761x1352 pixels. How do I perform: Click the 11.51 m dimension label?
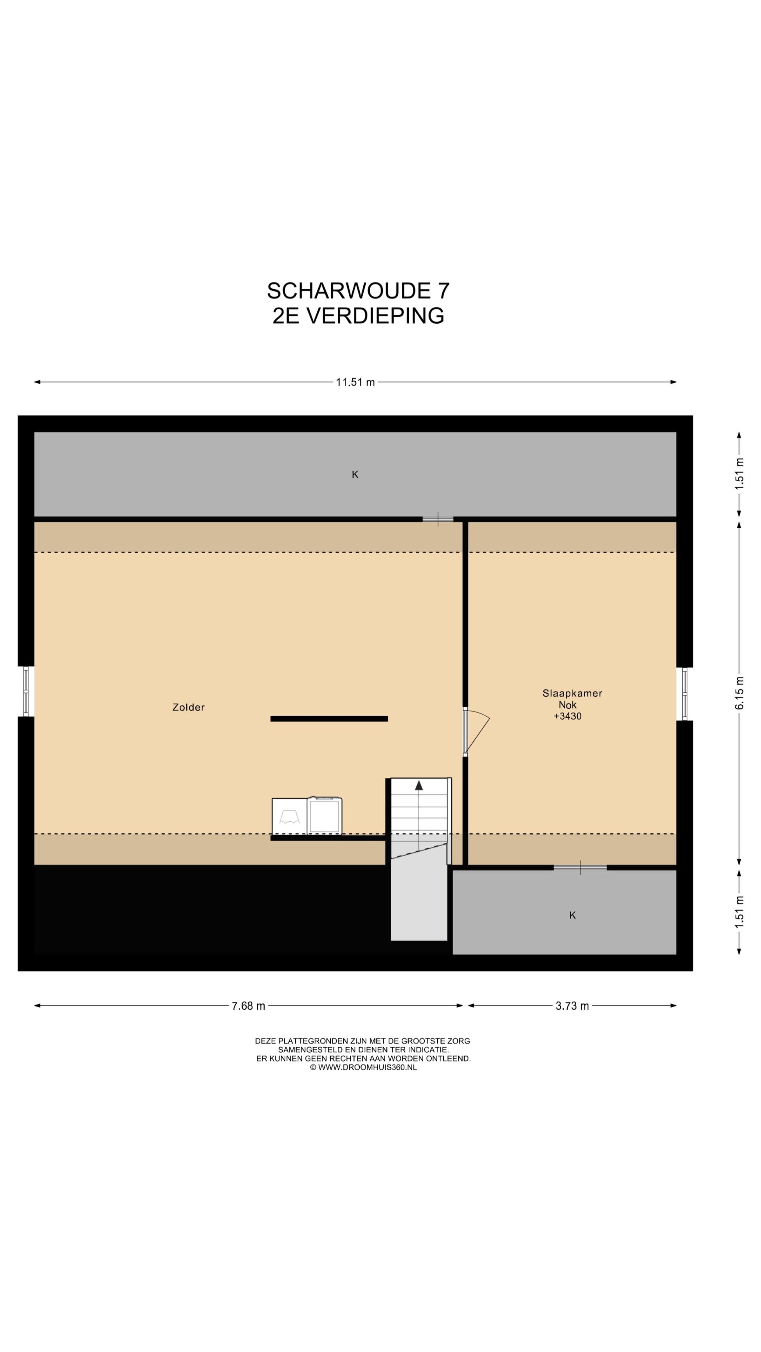355,382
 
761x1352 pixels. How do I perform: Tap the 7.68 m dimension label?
249,1006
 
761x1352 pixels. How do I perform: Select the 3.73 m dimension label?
572,1006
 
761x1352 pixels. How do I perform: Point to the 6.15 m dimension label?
739,693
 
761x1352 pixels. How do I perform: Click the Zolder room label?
189,707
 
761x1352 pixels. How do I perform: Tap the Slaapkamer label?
572,693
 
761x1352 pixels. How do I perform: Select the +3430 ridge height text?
568,716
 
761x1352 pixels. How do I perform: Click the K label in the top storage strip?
355,475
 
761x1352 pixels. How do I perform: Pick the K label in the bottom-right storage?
572,915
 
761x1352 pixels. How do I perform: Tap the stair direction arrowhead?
418,786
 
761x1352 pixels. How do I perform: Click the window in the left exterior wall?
26,691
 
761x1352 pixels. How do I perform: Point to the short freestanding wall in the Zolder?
329,719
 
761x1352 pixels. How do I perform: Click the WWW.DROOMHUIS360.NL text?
368,1068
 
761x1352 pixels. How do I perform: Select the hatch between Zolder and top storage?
438,519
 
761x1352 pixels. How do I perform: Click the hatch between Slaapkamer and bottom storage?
580,868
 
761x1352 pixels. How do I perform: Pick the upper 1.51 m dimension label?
739,474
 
